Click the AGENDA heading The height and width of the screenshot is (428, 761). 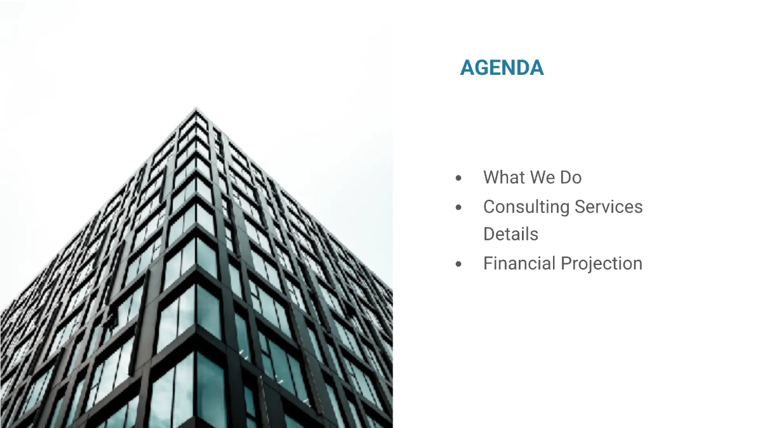point(502,68)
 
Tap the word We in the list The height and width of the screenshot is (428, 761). point(539,178)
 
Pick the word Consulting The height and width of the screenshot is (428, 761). point(526,207)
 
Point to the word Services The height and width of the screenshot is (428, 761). point(609,207)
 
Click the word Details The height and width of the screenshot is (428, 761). point(511,234)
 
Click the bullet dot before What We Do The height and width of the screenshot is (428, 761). point(459,178)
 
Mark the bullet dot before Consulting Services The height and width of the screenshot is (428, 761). point(459,207)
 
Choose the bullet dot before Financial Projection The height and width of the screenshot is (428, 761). point(459,264)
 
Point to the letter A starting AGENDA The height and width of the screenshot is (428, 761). point(467,68)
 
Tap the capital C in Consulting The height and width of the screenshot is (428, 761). point(489,207)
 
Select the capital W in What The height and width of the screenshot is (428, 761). point(491,178)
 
